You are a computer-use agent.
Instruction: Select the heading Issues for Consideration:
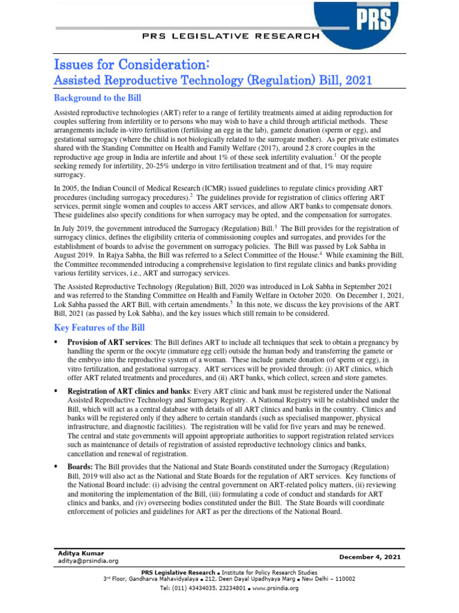[x=132, y=64]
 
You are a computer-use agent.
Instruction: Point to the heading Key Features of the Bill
[x=99, y=327]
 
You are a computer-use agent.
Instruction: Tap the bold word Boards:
[x=78, y=466]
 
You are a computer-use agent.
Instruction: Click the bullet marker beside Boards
[x=56, y=466]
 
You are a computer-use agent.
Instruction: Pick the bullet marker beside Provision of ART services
[x=56, y=342]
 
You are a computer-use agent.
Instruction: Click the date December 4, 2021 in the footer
[x=370, y=557]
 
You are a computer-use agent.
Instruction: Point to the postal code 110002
[x=344, y=579]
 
